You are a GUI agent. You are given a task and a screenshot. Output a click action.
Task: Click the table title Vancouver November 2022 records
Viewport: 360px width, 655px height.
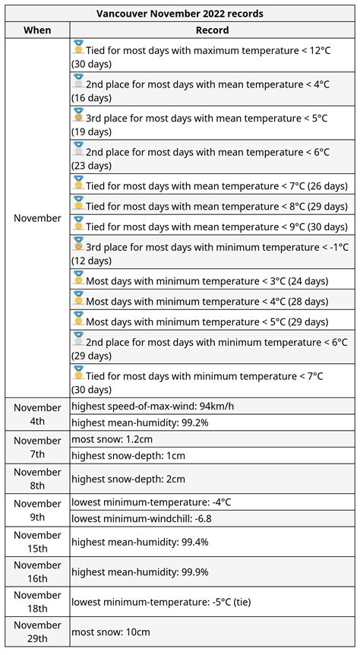180,13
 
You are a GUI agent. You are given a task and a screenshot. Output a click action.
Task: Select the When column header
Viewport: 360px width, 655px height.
37,30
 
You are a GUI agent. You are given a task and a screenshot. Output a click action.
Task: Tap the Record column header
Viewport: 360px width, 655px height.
212,30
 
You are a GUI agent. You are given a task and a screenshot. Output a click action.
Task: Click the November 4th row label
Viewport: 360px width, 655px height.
37,414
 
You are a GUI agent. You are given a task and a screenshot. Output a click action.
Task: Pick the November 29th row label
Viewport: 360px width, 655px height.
37,632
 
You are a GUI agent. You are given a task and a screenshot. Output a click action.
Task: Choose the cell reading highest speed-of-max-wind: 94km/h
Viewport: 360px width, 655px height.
153,406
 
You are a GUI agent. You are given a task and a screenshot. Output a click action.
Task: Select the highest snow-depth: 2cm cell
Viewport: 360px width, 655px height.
128,479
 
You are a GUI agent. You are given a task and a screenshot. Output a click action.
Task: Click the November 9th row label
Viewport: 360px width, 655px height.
37,511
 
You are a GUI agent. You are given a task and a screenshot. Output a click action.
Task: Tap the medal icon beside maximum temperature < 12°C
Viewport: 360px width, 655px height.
77,49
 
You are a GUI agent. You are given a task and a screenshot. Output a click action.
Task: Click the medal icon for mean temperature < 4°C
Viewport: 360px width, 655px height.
77,82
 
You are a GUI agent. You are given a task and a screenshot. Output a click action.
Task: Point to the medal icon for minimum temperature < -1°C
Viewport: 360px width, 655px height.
77,245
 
